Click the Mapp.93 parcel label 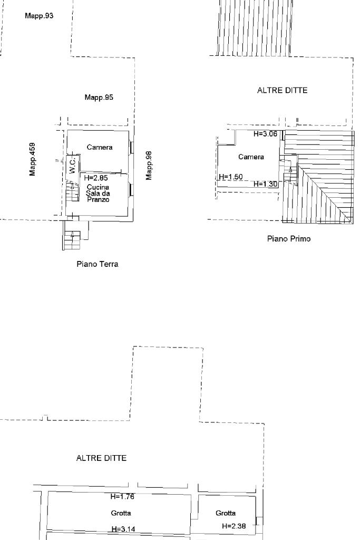[x=39, y=16]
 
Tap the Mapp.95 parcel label [x=99, y=98]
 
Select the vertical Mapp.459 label [x=33, y=159]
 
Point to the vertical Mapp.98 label [x=149, y=165]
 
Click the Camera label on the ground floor [x=100, y=148]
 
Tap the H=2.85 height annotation [x=95, y=178]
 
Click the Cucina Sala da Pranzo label [x=98, y=194]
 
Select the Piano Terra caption [x=98, y=264]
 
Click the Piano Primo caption [x=289, y=239]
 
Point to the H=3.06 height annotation [x=265, y=134]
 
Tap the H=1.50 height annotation [x=230, y=177]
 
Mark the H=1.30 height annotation [x=265, y=184]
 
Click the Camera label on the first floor [x=251, y=157]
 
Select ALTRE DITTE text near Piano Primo [x=282, y=91]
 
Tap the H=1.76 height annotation [x=122, y=497]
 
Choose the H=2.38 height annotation [x=234, y=526]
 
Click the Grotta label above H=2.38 [x=226, y=513]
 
